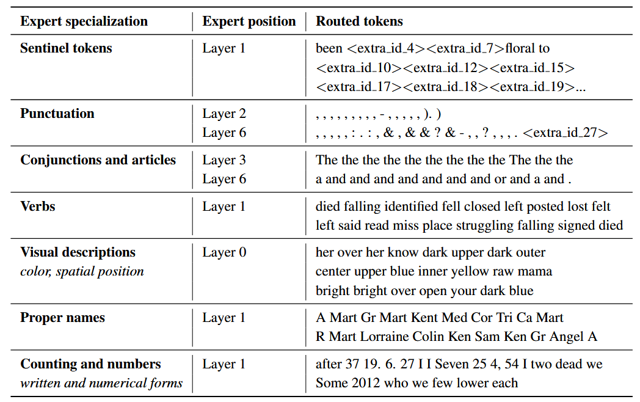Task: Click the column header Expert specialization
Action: (x=84, y=21)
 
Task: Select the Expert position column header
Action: (x=249, y=21)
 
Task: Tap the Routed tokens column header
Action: (x=359, y=21)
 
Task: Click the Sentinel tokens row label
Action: (x=66, y=48)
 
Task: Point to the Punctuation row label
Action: (x=57, y=114)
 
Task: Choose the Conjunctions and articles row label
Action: (x=98, y=160)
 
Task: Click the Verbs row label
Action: (x=38, y=206)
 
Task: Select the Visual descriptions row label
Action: (x=78, y=252)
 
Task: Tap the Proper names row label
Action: (x=62, y=318)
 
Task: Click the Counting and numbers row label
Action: (x=90, y=364)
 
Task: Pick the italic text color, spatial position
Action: (x=82, y=271)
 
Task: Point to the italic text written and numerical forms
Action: (x=101, y=383)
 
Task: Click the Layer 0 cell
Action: (x=224, y=252)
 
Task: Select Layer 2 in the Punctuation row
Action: (x=224, y=114)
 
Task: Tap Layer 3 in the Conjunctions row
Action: (x=224, y=160)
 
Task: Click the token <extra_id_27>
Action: (x=565, y=133)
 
